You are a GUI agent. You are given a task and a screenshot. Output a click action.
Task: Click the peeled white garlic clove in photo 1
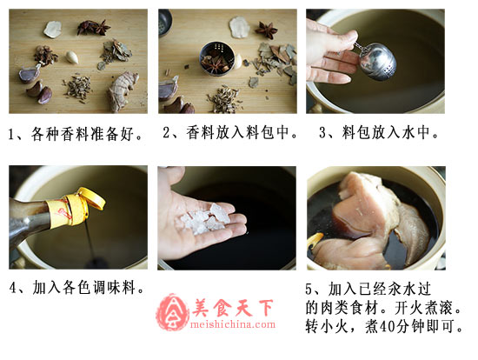pos(72,57)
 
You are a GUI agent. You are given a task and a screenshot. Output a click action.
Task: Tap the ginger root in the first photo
pos(123,91)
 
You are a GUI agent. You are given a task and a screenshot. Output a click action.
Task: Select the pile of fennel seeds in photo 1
pos(77,87)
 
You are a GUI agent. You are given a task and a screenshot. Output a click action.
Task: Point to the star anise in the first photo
pos(94,27)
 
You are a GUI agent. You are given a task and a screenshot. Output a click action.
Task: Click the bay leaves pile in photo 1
pos(116,52)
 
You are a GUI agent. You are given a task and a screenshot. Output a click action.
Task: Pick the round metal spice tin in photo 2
pos(217,58)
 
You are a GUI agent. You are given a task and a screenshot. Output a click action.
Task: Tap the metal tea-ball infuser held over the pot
pos(377,62)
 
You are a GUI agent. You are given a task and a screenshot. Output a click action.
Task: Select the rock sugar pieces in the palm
pos(206,219)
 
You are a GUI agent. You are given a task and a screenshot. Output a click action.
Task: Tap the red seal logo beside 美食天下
pos(172,312)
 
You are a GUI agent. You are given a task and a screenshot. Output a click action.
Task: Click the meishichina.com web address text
pos(232,324)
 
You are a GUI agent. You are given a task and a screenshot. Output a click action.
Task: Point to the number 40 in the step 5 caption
pos(388,326)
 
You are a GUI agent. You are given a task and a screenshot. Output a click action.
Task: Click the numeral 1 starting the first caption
pos(11,134)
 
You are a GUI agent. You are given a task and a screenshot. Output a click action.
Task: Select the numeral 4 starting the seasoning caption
pos(12,288)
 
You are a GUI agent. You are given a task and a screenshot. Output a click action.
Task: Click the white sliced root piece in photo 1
pos(52,30)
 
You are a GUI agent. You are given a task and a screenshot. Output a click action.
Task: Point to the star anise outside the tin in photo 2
pos(267,30)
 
